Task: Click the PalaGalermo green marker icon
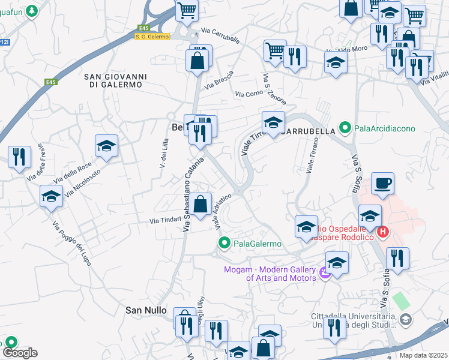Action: click(224, 243)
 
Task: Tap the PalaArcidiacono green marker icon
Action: click(345, 128)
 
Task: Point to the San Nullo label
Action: click(145, 310)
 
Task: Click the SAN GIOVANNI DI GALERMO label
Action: click(113, 80)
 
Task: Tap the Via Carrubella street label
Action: click(220, 35)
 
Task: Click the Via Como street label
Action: click(249, 94)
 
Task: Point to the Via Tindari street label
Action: click(165, 221)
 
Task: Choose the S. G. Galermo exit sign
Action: click(152, 37)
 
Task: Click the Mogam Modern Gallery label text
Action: click(270, 274)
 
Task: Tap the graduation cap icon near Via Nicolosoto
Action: click(107, 145)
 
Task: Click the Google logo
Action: click(19, 353)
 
